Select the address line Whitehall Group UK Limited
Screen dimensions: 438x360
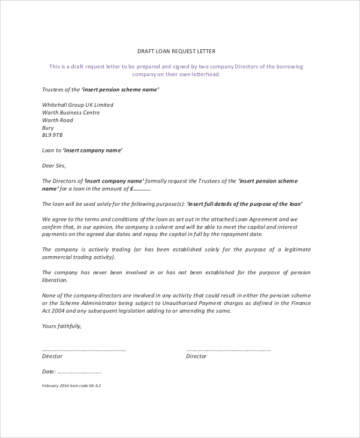click(x=77, y=105)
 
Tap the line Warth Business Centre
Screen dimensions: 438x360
click(x=71, y=113)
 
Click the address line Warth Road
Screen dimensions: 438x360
click(x=58, y=121)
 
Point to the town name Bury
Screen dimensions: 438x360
click(x=48, y=128)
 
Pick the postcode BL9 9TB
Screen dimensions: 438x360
click(x=52, y=136)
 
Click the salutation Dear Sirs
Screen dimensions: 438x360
click(x=55, y=166)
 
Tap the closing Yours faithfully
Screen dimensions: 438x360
click(x=62, y=326)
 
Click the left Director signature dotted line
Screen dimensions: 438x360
click(x=83, y=349)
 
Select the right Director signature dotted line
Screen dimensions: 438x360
click(x=229, y=349)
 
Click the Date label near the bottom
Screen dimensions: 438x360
click(x=50, y=372)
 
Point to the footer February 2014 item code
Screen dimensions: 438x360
click(x=71, y=386)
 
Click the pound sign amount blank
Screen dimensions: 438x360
click(x=137, y=188)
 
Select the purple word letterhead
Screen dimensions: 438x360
click(x=206, y=74)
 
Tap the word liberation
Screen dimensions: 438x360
click(x=55, y=280)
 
